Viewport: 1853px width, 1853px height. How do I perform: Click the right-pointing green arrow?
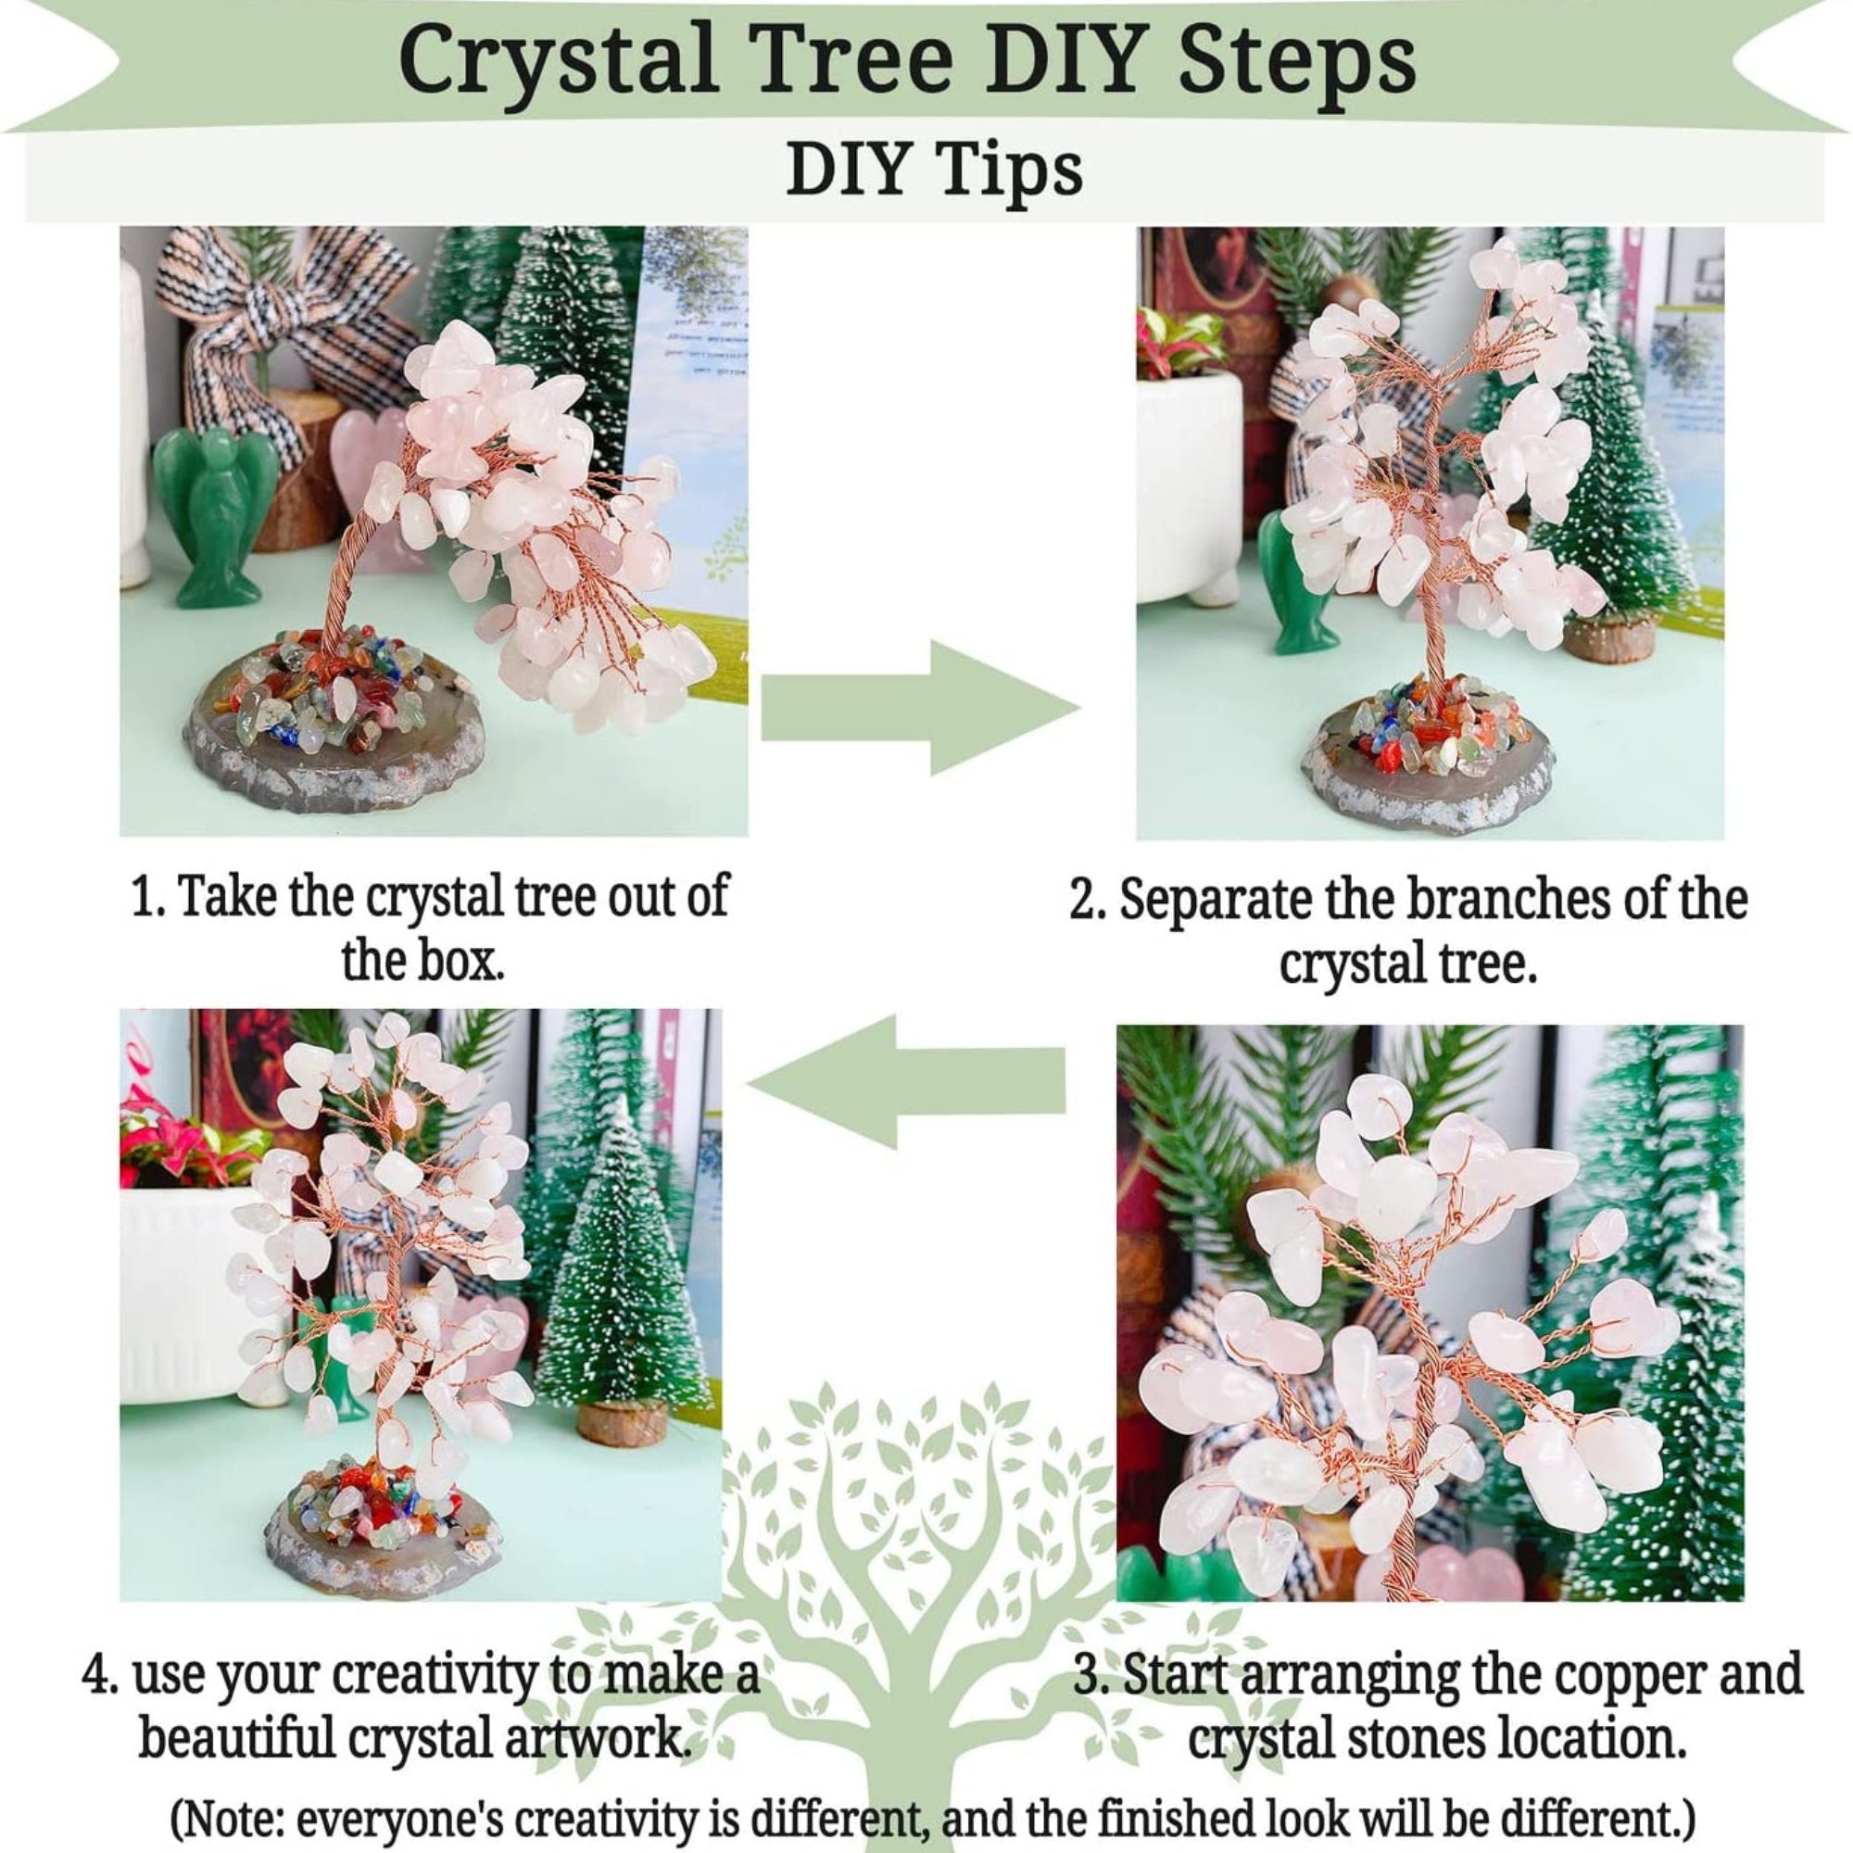(921, 709)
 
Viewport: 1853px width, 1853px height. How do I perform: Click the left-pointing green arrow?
(906, 1081)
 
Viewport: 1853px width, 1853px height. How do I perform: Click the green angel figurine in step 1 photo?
(207, 519)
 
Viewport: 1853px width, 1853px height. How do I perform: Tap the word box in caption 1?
(464, 959)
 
